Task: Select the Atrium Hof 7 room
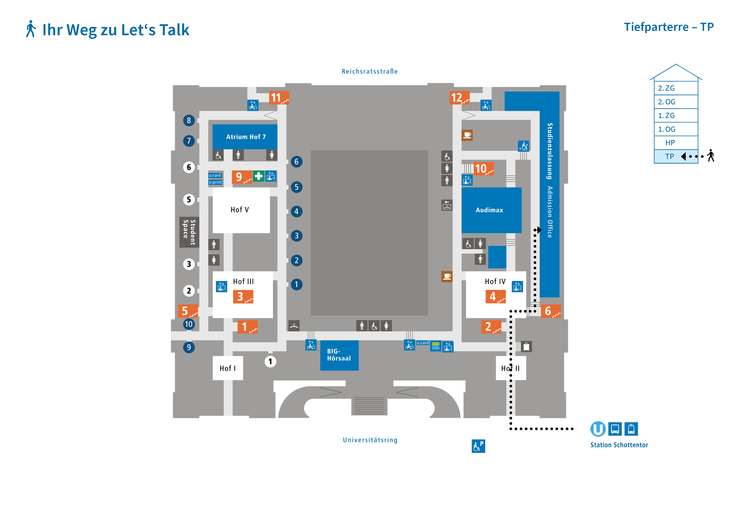pos(246,137)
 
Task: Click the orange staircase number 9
pos(242,177)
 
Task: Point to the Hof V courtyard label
pos(240,210)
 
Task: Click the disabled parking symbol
pos(478,446)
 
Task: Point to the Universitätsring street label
pos(370,440)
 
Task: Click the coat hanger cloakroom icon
pos(294,326)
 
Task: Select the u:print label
pos(215,182)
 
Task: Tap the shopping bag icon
pos(526,347)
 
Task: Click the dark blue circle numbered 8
pos(189,120)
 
